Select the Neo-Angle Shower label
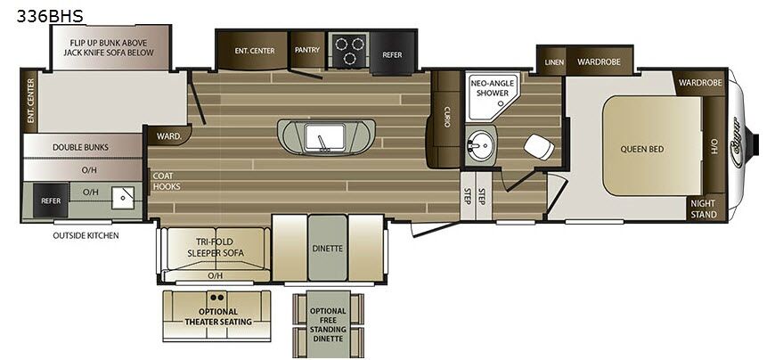pos(489,87)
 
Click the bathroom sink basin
pos(481,144)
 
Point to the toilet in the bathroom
pos(538,147)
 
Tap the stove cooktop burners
pos(348,49)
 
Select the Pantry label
pos(307,51)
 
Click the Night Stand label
pos(703,208)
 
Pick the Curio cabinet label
pos(446,116)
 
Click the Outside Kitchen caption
pos(86,235)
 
